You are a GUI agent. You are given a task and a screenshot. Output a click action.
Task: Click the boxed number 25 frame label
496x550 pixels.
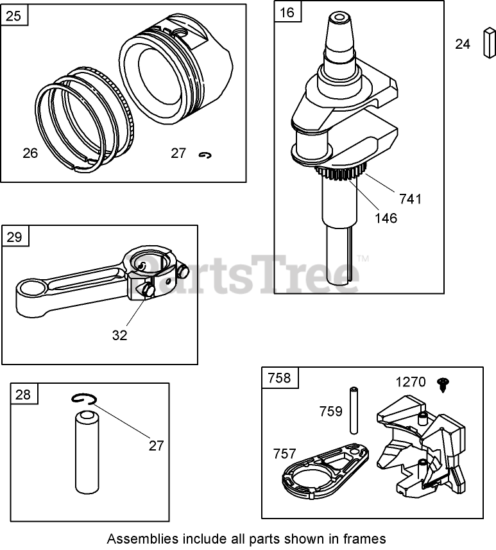click(x=15, y=15)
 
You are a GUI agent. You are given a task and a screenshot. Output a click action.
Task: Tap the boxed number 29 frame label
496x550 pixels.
click(x=15, y=237)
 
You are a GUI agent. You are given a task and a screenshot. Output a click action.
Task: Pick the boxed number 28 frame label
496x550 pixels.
click(x=22, y=394)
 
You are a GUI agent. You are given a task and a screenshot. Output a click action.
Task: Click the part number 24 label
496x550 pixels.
click(x=463, y=44)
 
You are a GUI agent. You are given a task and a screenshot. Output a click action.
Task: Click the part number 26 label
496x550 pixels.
click(x=30, y=153)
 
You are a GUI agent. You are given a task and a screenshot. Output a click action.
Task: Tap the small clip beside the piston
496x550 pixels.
click(x=206, y=155)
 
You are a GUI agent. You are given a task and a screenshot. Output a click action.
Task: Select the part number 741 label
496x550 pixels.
click(x=411, y=199)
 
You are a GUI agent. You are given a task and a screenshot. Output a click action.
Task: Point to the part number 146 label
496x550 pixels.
click(x=385, y=218)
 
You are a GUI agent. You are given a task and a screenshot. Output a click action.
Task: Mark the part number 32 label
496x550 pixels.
click(x=119, y=334)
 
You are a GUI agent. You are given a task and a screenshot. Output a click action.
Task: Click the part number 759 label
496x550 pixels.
click(x=330, y=411)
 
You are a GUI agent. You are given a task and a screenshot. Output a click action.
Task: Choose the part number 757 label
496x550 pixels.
click(x=285, y=454)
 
